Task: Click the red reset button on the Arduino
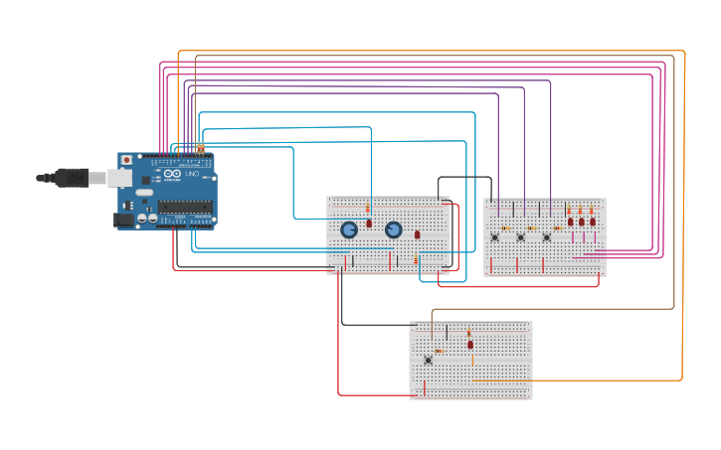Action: tap(126, 160)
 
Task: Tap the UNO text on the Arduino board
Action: tap(192, 174)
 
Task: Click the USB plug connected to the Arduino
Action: tap(76, 178)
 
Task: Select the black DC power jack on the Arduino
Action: tap(124, 220)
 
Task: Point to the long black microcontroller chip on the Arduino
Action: tap(185, 207)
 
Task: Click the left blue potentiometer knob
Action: tap(349, 229)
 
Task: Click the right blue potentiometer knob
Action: tap(393, 229)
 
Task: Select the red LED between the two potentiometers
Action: tap(369, 224)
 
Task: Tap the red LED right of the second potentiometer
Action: tap(418, 234)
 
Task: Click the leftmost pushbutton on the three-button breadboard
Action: tap(494, 237)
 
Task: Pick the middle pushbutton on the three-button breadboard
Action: tap(520, 237)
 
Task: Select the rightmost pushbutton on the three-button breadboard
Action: tap(546, 237)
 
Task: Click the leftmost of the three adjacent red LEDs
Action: tap(571, 222)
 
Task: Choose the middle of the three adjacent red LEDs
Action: tap(582, 222)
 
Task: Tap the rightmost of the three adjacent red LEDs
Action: tap(593, 222)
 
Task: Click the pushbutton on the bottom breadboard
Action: tap(429, 360)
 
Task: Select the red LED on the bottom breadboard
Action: tap(470, 345)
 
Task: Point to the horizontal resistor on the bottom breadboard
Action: tap(439, 351)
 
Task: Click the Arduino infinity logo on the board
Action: tap(172, 175)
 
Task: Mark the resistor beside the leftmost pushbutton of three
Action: tap(505, 228)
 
